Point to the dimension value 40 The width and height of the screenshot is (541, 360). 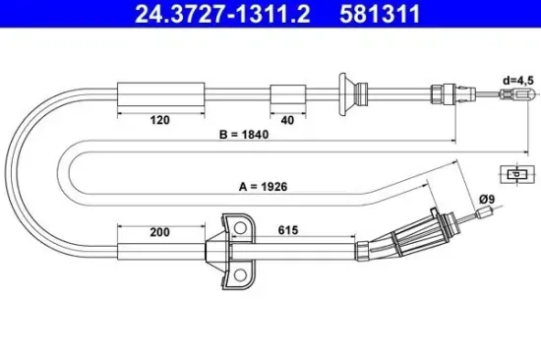click(286, 122)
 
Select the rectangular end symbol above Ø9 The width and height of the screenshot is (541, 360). click(514, 172)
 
